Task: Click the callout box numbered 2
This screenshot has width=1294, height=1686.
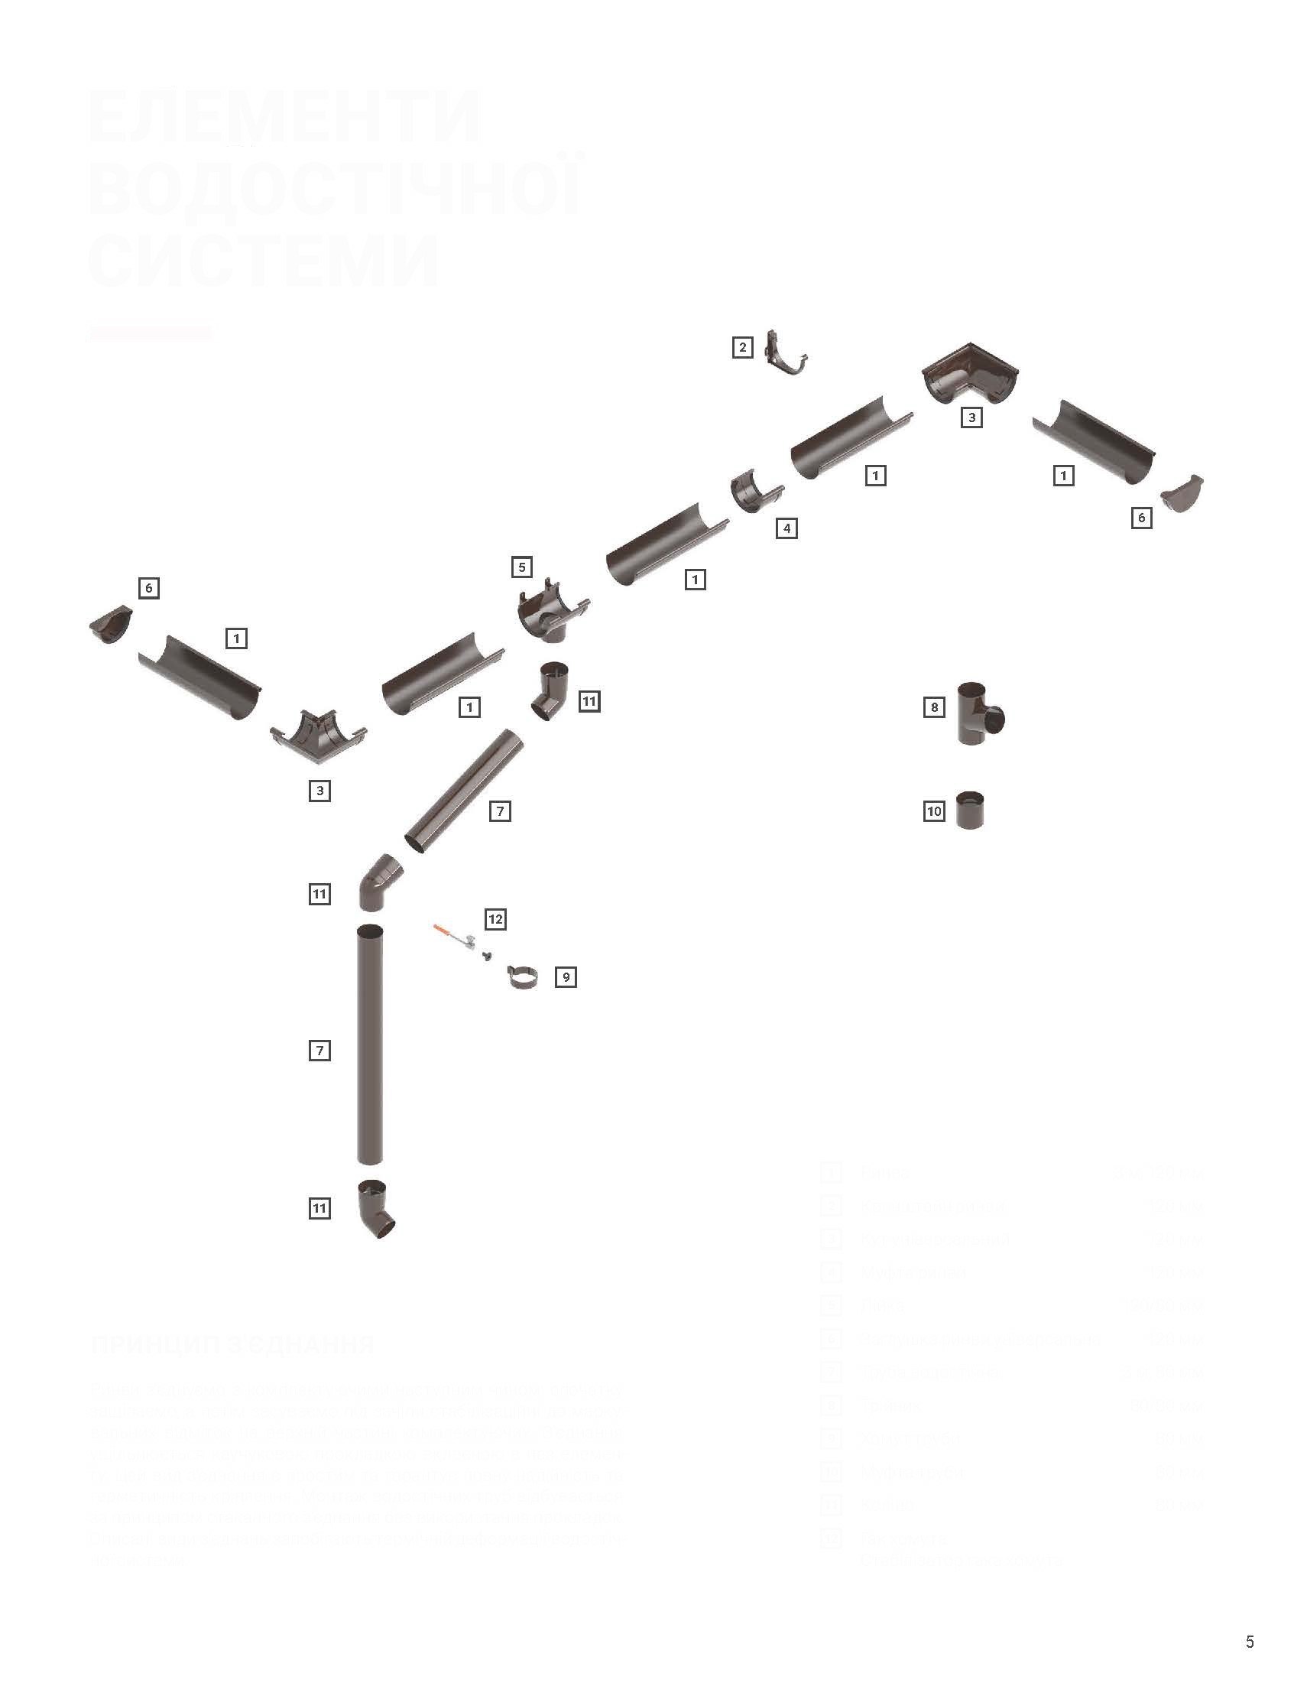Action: point(742,348)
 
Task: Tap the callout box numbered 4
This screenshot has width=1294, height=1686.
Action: point(786,528)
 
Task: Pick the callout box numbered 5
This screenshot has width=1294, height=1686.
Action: point(521,567)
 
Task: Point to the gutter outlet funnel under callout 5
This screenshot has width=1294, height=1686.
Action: point(549,613)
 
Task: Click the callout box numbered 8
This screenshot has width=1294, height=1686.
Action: point(934,707)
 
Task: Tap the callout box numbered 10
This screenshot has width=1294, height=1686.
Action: point(934,811)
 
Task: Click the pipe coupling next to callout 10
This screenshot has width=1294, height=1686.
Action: point(970,810)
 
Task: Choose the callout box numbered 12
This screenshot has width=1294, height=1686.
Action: point(495,918)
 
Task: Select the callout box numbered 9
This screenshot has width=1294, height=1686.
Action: point(566,977)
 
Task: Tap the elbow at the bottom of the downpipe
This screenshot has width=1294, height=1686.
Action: point(375,1210)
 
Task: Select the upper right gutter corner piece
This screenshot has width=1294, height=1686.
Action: point(970,373)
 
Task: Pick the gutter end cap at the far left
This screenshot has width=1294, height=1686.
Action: point(111,625)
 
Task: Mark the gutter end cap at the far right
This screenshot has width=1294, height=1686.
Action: point(1182,493)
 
